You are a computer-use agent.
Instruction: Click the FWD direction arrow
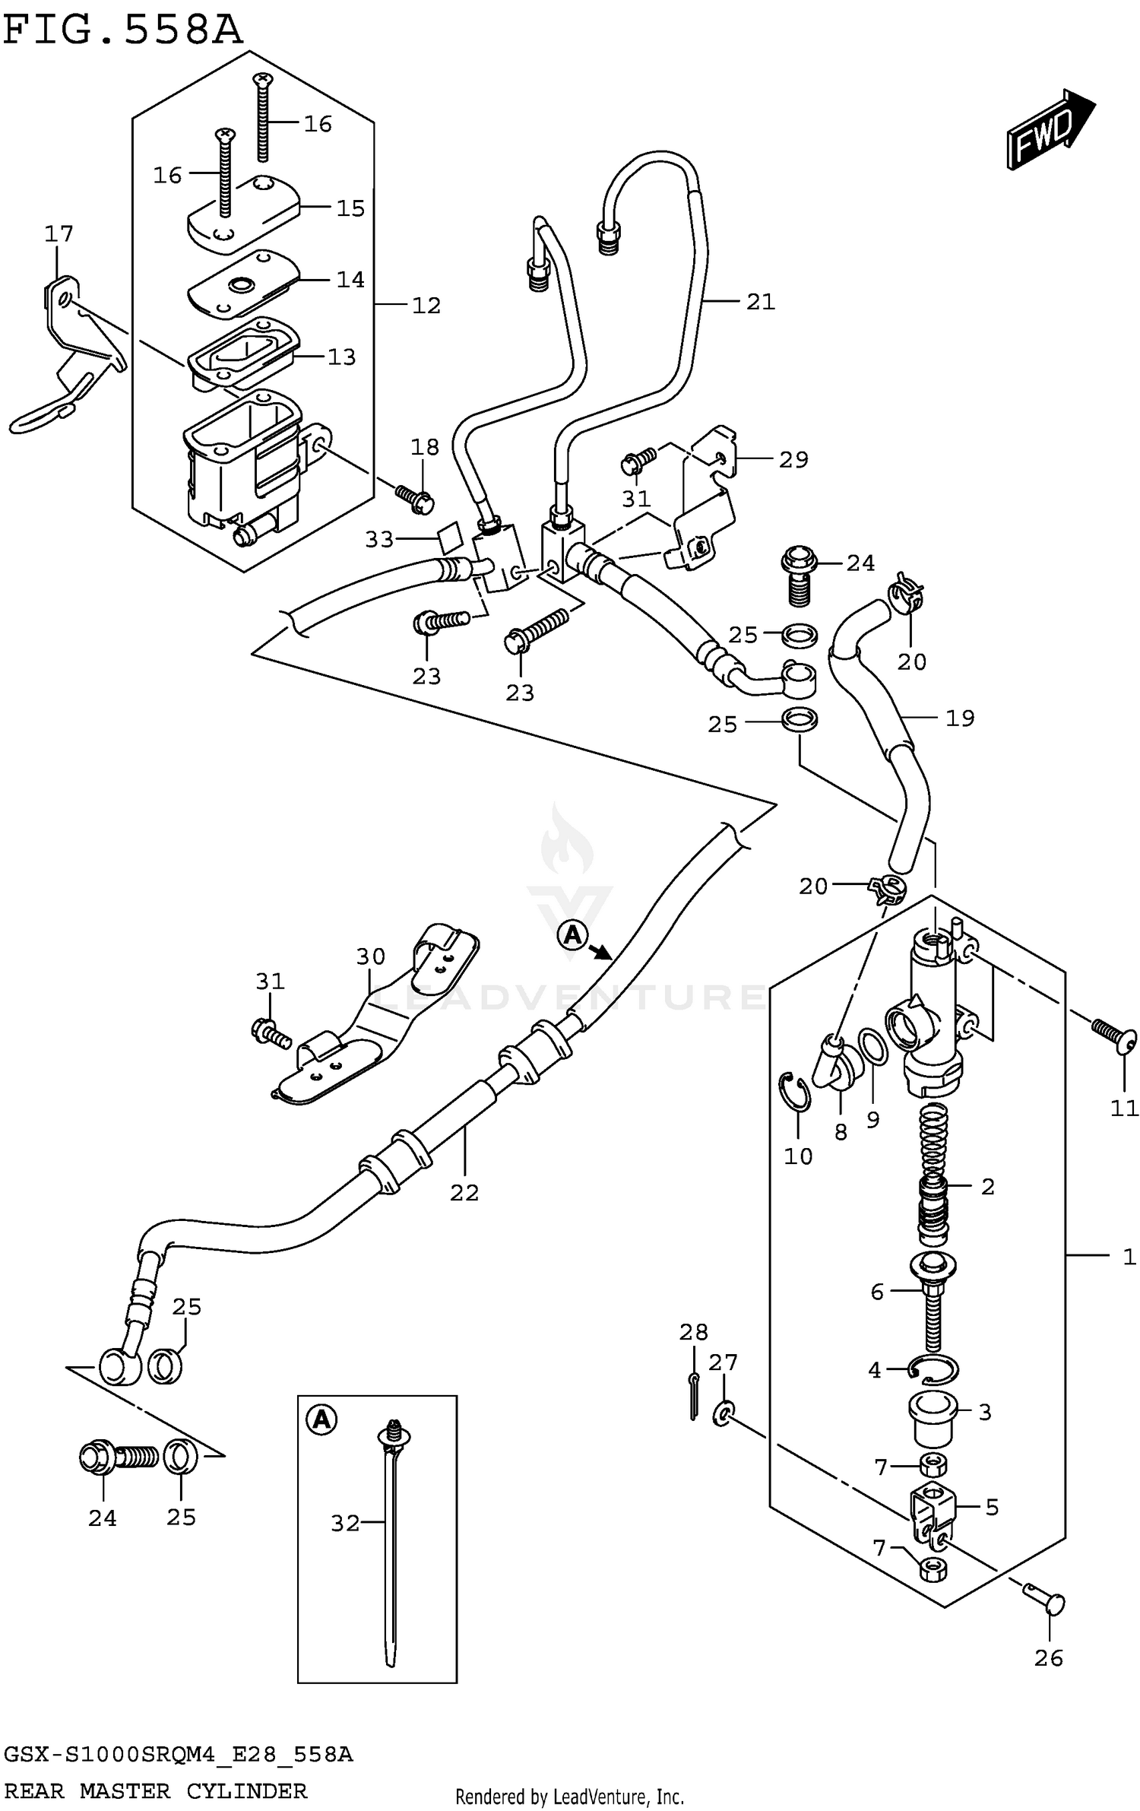click(1049, 129)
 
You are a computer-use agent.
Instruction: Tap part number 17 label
click(59, 233)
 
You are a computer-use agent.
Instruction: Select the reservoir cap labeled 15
click(243, 213)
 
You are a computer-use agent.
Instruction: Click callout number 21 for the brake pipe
click(760, 302)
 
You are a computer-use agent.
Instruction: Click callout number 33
click(378, 540)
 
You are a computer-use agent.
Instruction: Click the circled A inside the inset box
click(321, 1419)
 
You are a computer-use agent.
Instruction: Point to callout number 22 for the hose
click(464, 1193)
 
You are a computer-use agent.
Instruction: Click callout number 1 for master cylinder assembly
click(1129, 1257)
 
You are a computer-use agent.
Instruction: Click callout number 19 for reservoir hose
click(960, 718)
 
